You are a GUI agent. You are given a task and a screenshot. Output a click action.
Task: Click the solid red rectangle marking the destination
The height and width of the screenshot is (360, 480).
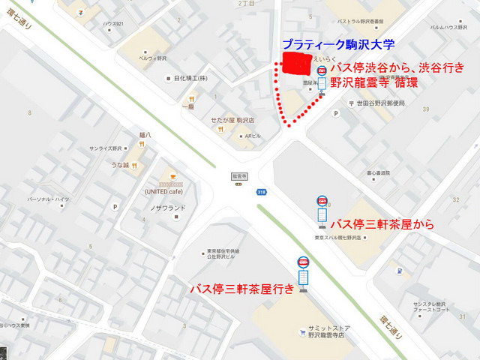pyautogui.click(x=295, y=64)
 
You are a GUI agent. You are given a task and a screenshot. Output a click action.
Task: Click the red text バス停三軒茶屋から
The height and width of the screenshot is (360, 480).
pyautogui.click(x=382, y=223)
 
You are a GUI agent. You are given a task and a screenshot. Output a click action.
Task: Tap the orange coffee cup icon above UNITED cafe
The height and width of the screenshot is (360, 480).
pyautogui.click(x=172, y=172)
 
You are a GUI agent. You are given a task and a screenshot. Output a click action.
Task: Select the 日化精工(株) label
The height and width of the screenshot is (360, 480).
pyautogui.click(x=188, y=77)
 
